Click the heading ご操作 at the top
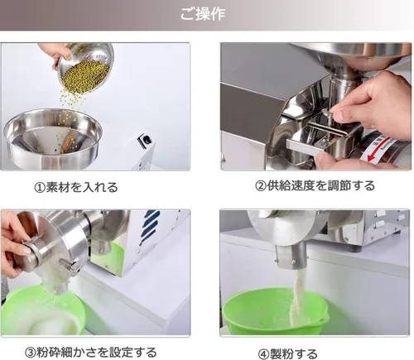203,13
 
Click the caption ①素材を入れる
76,187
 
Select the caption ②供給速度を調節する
315,185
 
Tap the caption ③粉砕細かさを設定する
90,352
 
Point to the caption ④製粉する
287,353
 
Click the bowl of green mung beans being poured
85,69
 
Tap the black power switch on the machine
146,139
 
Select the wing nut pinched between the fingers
329,113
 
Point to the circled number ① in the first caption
39,188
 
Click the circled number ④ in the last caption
263,354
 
